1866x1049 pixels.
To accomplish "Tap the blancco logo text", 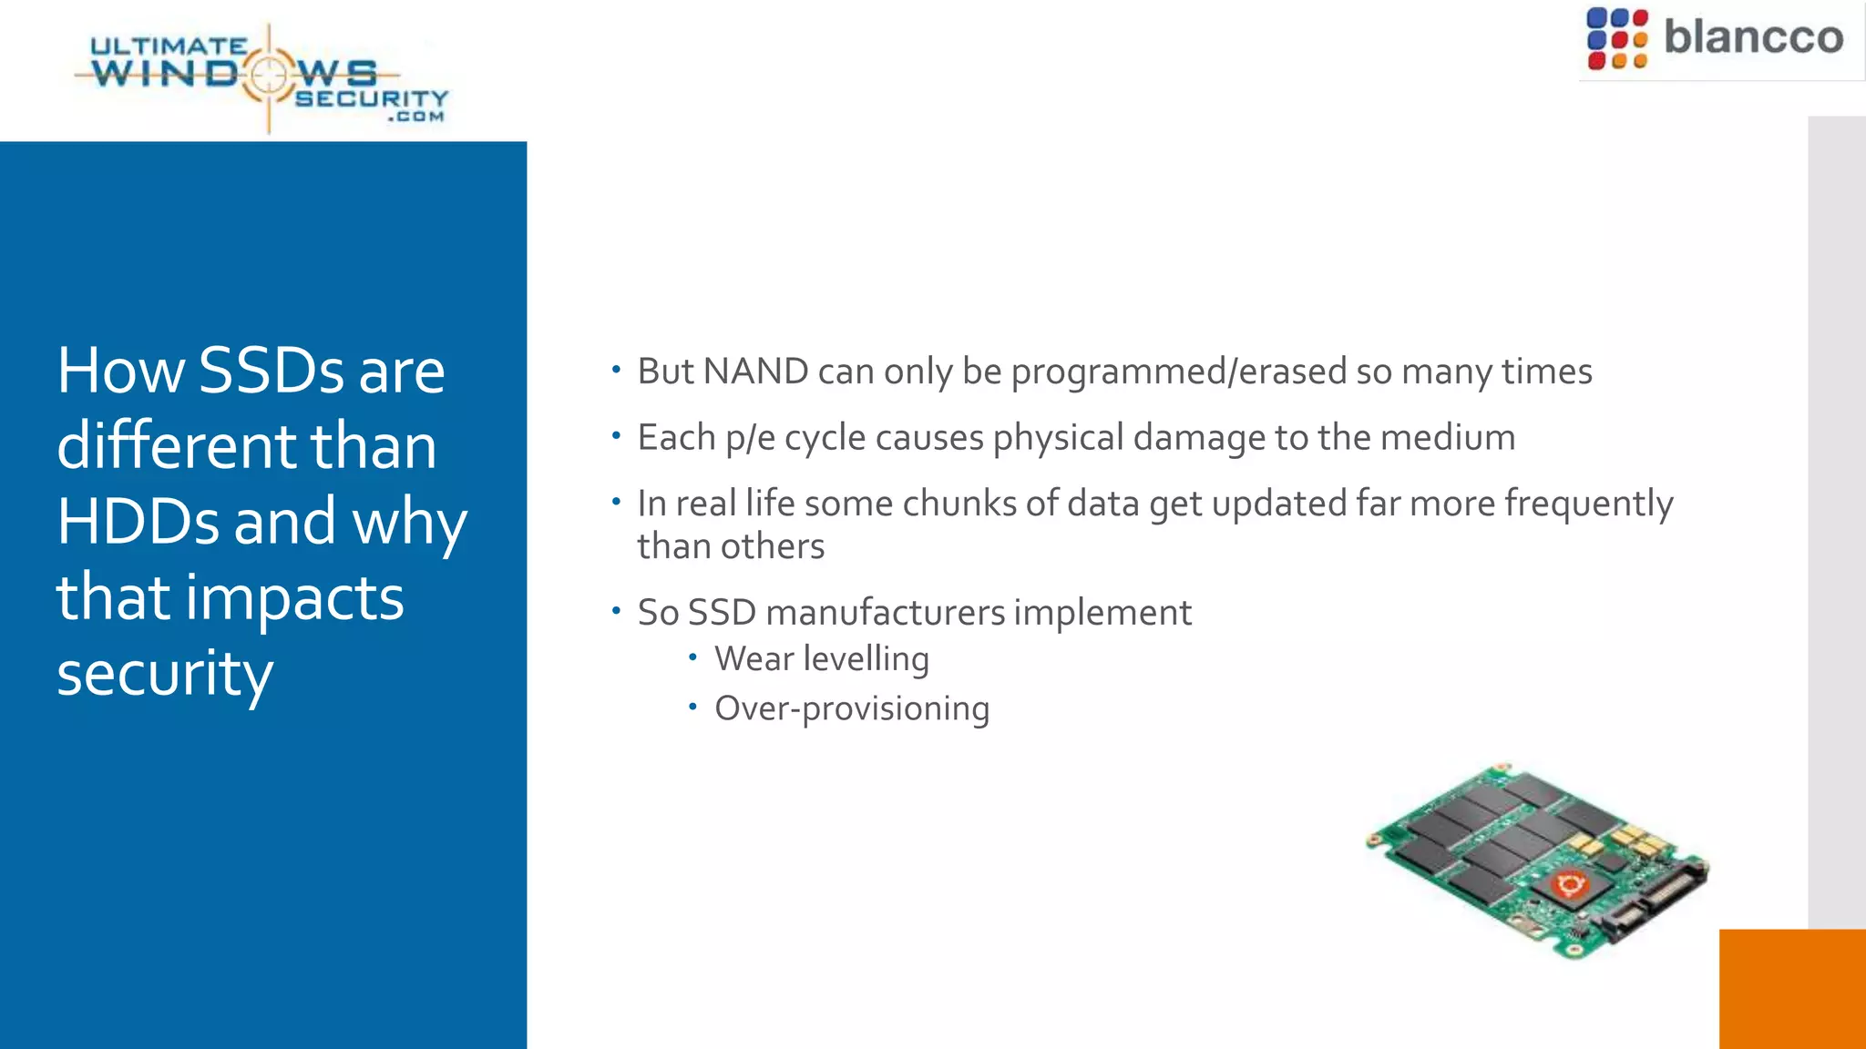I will point(1753,37).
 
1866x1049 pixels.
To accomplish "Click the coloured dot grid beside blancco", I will point(1616,39).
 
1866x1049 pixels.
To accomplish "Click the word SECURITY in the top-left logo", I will point(372,98).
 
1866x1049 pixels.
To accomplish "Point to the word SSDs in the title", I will point(271,371).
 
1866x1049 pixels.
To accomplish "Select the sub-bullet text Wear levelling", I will point(821,659).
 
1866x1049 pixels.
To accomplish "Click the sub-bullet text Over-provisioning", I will point(851,709).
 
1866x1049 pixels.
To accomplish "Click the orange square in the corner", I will point(1792,989).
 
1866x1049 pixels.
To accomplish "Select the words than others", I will point(731,547).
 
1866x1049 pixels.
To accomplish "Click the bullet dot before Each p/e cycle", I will point(617,436).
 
